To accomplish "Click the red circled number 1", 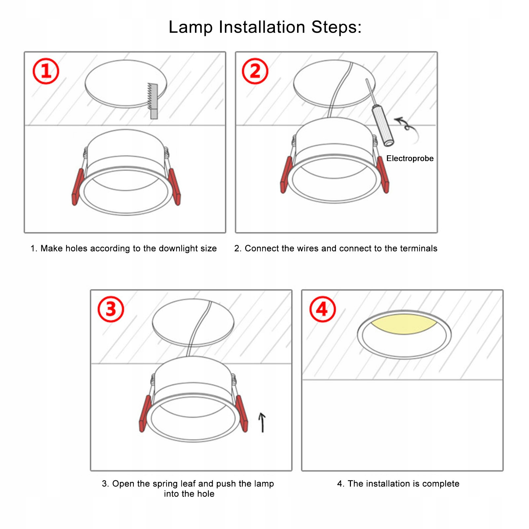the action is tap(46, 71).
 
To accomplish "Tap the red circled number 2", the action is tap(255, 71).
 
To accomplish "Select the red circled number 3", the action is tap(111, 309).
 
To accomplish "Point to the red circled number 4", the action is tap(322, 309).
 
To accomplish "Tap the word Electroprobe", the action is tap(410, 159).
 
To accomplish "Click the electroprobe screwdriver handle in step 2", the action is tap(383, 126).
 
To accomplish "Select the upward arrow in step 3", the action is tap(262, 422).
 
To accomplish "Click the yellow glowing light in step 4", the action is tap(404, 324).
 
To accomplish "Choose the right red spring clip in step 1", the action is tap(175, 187).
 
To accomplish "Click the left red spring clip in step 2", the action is tap(286, 175).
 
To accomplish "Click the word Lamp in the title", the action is tap(191, 27).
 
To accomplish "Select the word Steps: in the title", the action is tap(336, 27).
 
